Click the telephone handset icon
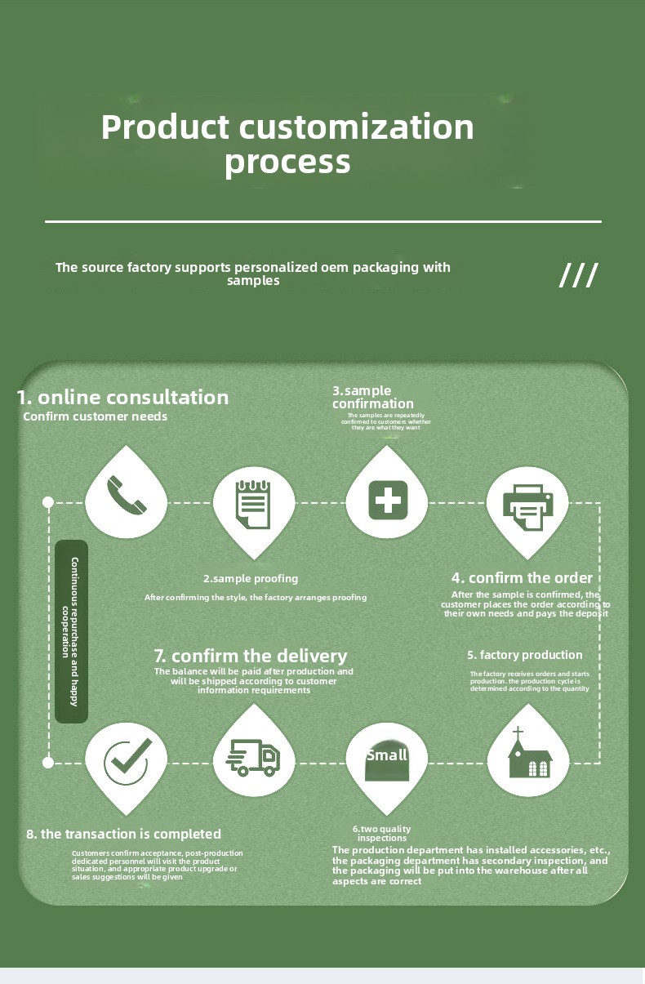coord(127,494)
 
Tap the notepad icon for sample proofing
coord(253,503)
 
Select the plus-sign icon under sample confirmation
coord(387,498)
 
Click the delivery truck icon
coord(253,758)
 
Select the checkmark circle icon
coord(127,760)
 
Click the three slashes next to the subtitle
coord(578,276)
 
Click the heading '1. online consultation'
coord(123,398)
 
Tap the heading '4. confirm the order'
coord(522,578)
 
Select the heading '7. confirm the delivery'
coord(251,656)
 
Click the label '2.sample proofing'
coord(251,579)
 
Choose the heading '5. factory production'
coord(525,655)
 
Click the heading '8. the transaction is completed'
coord(123,834)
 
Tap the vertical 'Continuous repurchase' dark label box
coord(71,630)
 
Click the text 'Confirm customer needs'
coord(95,416)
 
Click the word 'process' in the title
coord(287,162)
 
